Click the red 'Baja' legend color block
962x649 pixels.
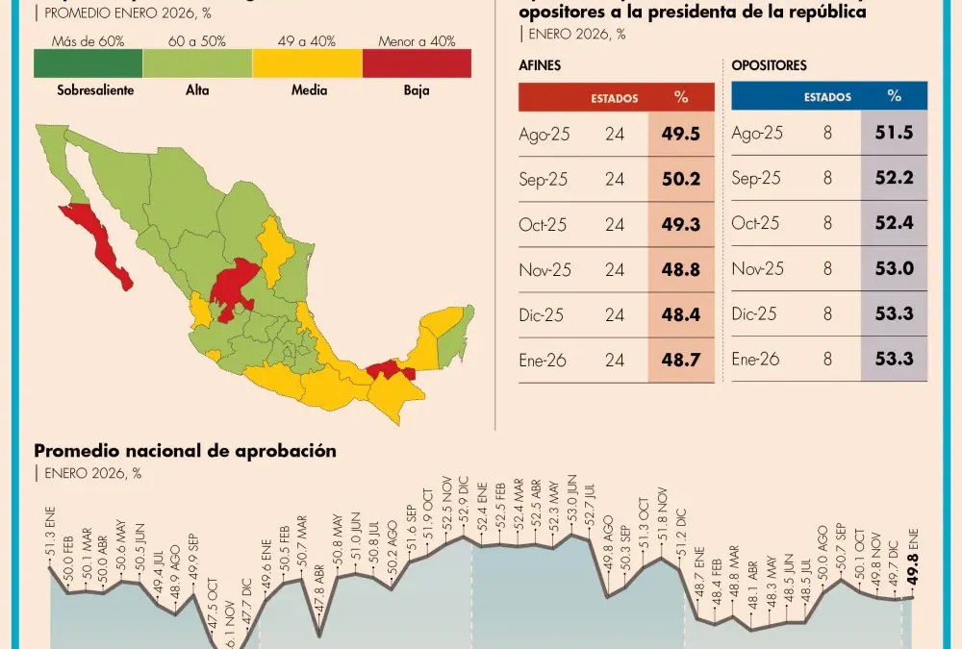point(417,63)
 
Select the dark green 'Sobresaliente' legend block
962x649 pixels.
point(89,63)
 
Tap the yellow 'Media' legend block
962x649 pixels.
point(307,63)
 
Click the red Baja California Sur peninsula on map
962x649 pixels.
point(107,249)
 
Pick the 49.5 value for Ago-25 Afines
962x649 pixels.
point(681,134)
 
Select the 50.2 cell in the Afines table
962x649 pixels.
point(681,179)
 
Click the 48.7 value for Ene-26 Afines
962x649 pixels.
point(681,360)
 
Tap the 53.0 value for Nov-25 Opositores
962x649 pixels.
point(895,269)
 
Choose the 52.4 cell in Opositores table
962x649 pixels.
point(895,224)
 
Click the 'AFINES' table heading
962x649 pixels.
point(540,66)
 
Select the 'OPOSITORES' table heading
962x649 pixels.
point(769,66)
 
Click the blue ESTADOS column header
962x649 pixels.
point(827,97)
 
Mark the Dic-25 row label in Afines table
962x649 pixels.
point(544,314)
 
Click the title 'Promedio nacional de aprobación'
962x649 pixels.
point(185,451)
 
